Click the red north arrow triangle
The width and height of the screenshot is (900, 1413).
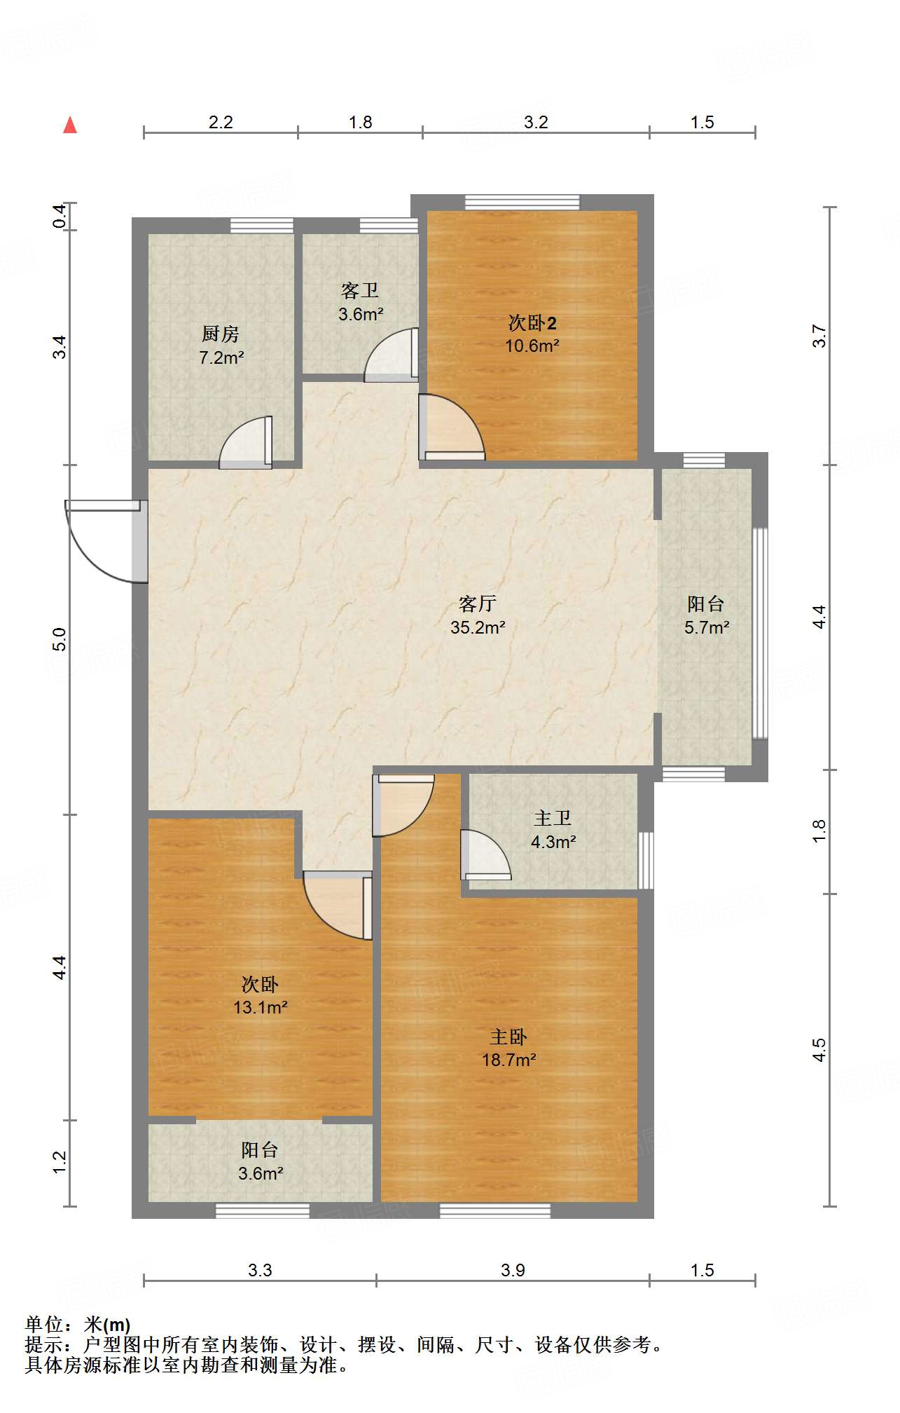coord(70,125)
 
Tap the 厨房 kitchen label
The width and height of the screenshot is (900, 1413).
coord(221,334)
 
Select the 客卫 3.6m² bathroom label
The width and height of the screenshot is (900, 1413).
coord(361,302)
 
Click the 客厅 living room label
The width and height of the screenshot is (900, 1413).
coord(478,603)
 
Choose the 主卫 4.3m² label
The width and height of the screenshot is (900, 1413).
coord(553,830)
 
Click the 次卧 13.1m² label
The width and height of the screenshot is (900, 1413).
coord(261,996)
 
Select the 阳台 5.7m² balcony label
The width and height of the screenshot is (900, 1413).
coord(707,615)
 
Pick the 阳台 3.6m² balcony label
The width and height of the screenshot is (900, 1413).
coord(261,1161)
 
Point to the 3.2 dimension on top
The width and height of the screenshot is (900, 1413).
coord(536,122)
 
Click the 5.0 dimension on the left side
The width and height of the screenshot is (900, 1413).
coord(60,639)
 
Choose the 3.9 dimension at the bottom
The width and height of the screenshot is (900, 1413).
coord(513,1270)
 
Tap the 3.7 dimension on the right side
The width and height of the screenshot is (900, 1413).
coord(819,336)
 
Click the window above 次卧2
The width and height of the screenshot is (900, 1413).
coord(522,203)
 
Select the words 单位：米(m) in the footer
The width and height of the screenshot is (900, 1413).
coord(78,1325)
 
